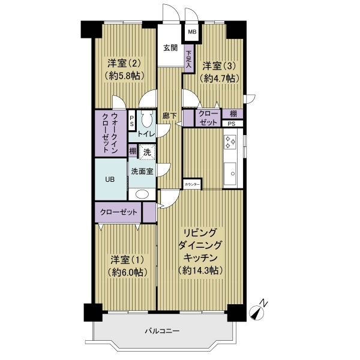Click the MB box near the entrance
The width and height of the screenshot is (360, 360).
click(192, 32)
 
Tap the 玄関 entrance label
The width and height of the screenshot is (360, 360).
click(170, 48)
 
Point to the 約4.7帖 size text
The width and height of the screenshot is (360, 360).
click(220, 79)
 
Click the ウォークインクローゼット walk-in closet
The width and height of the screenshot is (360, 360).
click(110, 134)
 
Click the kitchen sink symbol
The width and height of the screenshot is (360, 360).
click(230, 173)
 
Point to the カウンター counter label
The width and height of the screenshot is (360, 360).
click(192, 184)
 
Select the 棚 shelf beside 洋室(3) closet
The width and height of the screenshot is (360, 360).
click(232, 113)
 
